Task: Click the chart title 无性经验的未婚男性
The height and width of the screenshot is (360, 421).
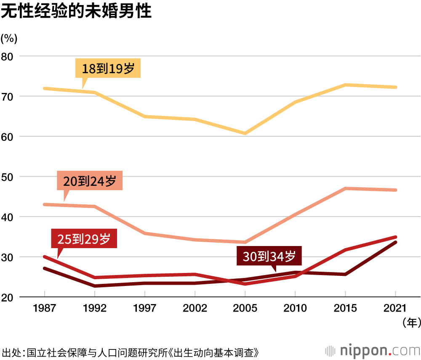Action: [x=76, y=11]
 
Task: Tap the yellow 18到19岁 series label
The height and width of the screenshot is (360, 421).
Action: [x=108, y=68]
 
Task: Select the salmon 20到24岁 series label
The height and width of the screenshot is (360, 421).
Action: [x=89, y=181]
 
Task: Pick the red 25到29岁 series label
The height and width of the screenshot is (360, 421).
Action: [x=84, y=239]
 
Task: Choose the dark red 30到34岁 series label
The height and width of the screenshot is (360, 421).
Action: [x=269, y=256]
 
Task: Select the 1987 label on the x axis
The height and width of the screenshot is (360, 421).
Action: [x=44, y=308]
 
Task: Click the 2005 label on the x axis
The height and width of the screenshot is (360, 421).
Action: [x=245, y=308]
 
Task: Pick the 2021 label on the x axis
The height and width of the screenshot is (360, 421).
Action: [x=395, y=308]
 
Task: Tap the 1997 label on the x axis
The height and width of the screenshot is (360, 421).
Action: [x=144, y=308]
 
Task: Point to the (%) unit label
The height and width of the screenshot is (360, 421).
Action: [x=9, y=38]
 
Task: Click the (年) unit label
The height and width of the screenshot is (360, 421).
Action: [x=410, y=323]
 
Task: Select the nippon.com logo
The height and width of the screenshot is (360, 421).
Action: [x=373, y=350]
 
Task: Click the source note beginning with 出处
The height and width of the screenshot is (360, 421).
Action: [x=131, y=352]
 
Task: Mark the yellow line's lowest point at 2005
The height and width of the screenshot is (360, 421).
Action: [x=245, y=133]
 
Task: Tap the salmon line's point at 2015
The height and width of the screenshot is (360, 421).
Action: [x=345, y=188]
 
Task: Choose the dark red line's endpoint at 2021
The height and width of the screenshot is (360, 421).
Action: [x=395, y=242]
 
